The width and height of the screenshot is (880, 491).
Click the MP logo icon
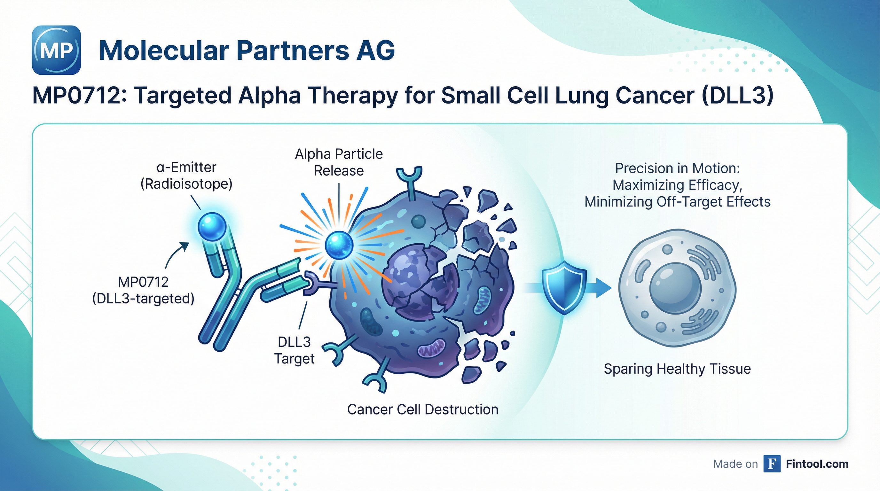(56, 50)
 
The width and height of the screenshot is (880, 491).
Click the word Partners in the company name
(292, 51)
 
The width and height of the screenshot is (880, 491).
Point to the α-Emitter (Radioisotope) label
(186, 175)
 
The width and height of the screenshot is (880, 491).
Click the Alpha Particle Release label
(339, 162)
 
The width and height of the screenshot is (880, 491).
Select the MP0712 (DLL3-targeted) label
(144, 290)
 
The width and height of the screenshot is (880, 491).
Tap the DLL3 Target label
(294, 350)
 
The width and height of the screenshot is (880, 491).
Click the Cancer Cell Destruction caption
(423, 409)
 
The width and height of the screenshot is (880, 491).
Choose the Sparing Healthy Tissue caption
(677, 369)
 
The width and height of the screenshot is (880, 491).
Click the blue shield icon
(564, 287)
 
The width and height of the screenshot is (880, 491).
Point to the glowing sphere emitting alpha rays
(339, 245)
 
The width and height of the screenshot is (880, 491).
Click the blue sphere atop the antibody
(212, 226)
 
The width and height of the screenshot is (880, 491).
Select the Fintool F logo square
(772, 464)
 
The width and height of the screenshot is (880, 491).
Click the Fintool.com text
(817, 464)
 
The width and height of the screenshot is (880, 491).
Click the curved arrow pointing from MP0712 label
(175, 255)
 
